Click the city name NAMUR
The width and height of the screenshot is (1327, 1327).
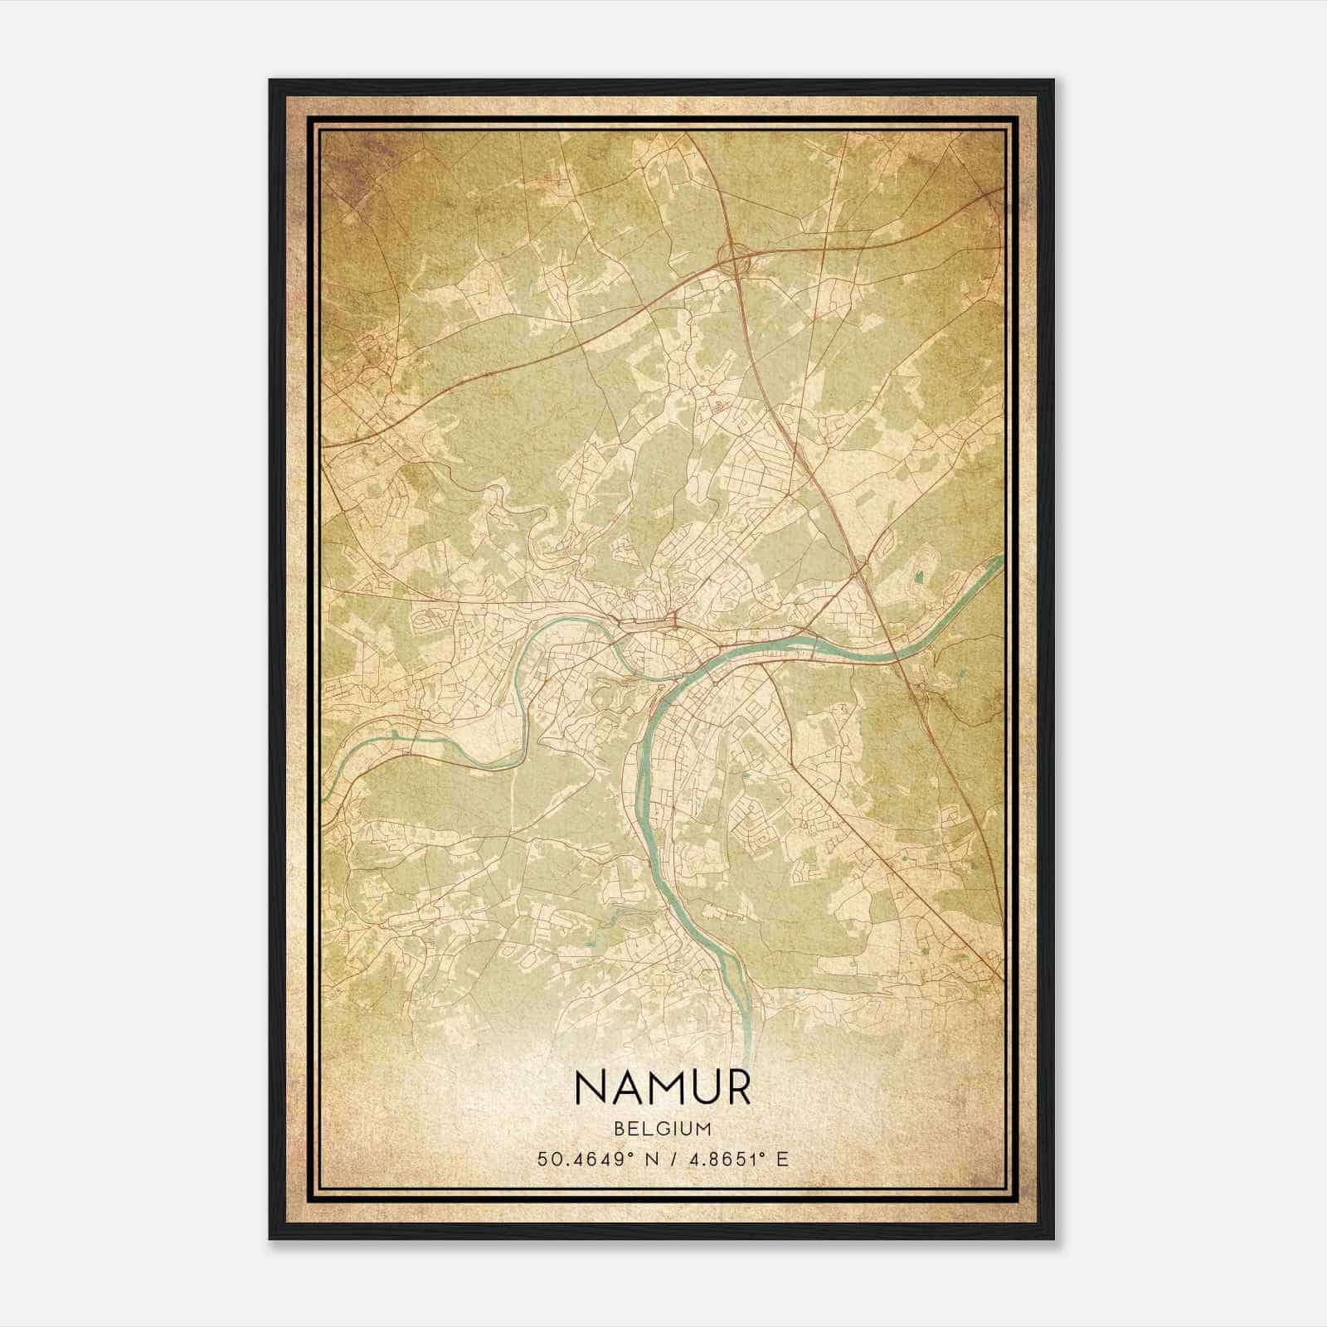[662, 1087]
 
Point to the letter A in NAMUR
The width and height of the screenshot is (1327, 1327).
[629, 1087]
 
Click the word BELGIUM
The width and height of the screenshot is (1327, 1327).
[662, 1129]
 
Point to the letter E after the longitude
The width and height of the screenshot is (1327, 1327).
[781, 1159]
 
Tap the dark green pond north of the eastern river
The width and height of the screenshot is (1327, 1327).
[918, 576]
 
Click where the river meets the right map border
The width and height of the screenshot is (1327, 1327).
[1001, 558]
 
